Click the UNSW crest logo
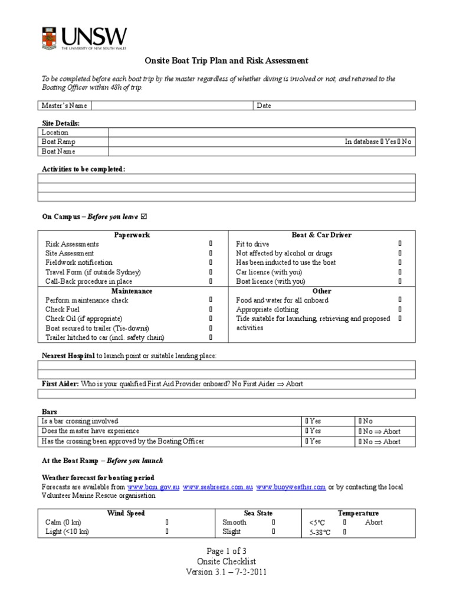tap(50, 38)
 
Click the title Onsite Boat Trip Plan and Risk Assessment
tap(226, 61)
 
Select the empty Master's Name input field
tap(172, 106)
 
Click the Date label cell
tap(264, 106)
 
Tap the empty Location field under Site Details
tap(261, 133)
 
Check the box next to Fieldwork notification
tap(211, 262)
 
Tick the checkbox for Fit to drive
tap(400, 244)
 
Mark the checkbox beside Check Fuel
tap(211, 310)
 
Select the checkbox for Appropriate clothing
tap(400, 310)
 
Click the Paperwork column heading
tap(132, 235)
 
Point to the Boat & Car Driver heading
tap(321, 235)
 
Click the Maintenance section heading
tap(132, 291)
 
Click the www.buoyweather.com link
tap(291, 487)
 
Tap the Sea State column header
tap(258, 513)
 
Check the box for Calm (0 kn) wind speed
tap(167, 523)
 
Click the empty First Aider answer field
tap(226, 394)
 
